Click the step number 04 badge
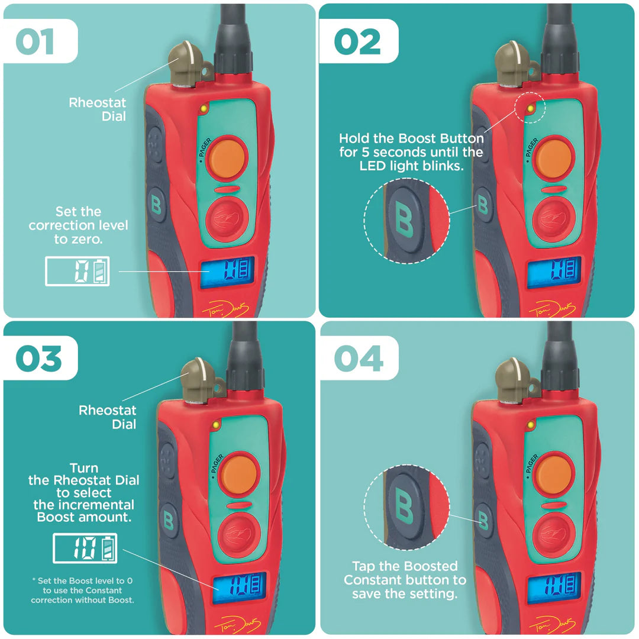[x=359, y=359]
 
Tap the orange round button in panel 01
[x=227, y=157]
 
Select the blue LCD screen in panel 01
[x=227, y=272]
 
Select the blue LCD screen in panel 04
[x=554, y=588]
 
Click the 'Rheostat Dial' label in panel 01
[x=98, y=109]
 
